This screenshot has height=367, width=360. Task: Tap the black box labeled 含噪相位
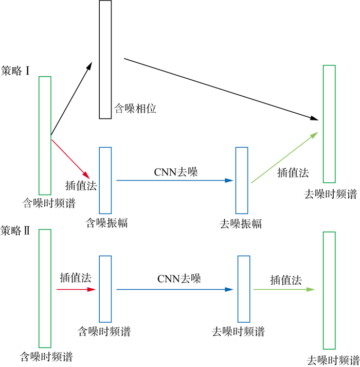coord(105,59)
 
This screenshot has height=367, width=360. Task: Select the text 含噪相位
coord(135,109)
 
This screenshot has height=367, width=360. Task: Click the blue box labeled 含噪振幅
coord(105,180)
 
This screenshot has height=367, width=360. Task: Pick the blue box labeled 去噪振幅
coord(242,180)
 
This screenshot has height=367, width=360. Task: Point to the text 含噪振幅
coord(107,223)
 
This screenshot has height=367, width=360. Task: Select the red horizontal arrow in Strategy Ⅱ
coord(76,290)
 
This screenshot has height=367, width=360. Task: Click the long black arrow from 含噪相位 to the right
coord(221,89)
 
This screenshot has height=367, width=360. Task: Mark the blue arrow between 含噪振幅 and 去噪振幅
coord(175,180)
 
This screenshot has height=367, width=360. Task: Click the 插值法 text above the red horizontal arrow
coord(75,278)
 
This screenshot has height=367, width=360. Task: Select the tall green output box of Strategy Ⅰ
coord(329,124)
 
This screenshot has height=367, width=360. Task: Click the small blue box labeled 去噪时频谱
coord(243,289)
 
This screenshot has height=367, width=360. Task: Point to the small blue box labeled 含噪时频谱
coord(105,289)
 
